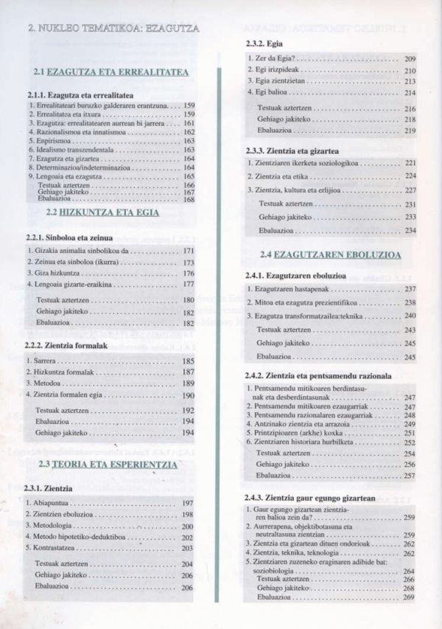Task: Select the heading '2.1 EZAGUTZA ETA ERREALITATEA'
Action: pyautogui.click(x=111, y=72)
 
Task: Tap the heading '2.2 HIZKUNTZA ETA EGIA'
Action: pyautogui.click(x=102, y=212)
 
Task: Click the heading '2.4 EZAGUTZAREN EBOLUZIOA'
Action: pyautogui.click(x=330, y=255)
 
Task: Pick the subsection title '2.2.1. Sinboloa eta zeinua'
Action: pyautogui.click(x=69, y=237)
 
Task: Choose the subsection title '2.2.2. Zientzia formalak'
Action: pyautogui.click(x=66, y=345)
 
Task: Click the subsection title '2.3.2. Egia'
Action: pyautogui.click(x=264, y=44)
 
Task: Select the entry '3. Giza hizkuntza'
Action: pyautogui.click(x=54, y=274)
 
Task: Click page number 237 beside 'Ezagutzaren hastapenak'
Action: pyautogui.click(x=410, y=289)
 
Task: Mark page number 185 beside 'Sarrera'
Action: pyautogui.click(x=188, y=361)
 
